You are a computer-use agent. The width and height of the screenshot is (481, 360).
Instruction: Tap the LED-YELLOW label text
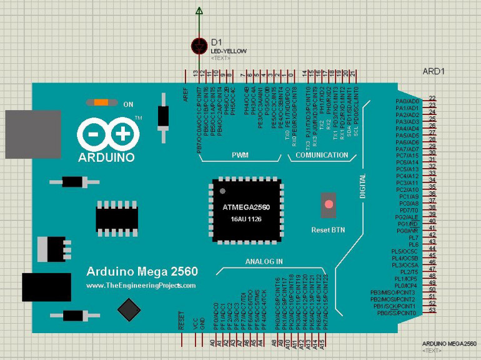coord(229,51)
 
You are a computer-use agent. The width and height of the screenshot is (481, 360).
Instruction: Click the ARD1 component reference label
coord(434,71)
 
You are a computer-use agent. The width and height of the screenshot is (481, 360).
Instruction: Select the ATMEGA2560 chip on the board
coord(247,211)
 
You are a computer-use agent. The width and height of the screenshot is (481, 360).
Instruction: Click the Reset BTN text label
coord(328,230)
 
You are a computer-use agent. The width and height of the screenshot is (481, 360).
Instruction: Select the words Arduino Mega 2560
coord(142,271)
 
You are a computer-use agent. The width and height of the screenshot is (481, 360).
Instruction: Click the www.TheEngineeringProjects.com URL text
coord(141,285)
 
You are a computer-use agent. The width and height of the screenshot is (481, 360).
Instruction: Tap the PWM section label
coord(241,155)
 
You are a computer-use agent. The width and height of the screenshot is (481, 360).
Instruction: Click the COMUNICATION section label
coord(322,155)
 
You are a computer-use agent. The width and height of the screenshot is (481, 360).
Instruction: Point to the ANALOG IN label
coord(264,261)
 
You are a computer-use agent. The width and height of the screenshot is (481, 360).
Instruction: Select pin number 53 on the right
coord(432,311)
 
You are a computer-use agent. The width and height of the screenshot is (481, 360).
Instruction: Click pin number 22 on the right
coord(432,98)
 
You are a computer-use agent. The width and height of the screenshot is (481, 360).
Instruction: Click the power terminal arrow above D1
coord(199,11)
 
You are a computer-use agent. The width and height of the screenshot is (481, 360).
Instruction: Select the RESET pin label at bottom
coord(182,321)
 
